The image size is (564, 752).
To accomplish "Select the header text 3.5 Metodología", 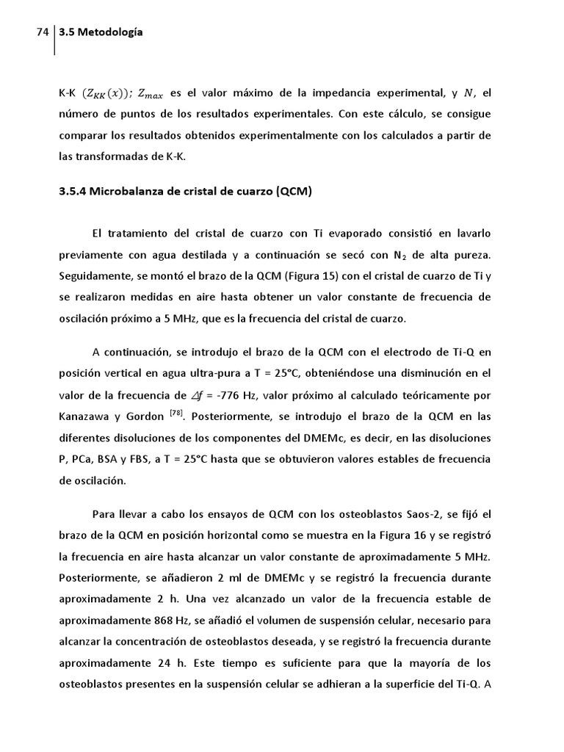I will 101,32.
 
